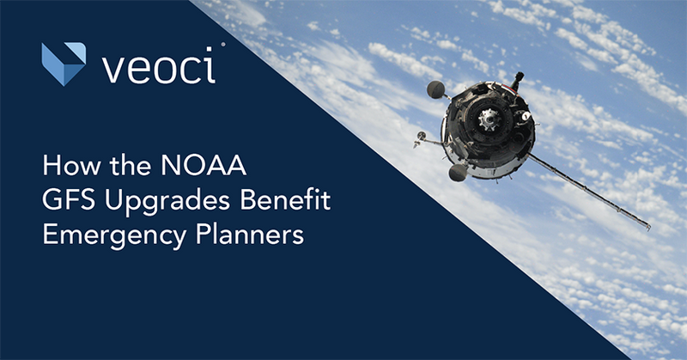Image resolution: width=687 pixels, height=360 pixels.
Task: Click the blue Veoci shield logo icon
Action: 64,63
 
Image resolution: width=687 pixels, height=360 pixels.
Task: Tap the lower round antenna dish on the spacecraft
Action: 458,173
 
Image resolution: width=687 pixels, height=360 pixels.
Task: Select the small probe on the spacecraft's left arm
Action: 420,135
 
